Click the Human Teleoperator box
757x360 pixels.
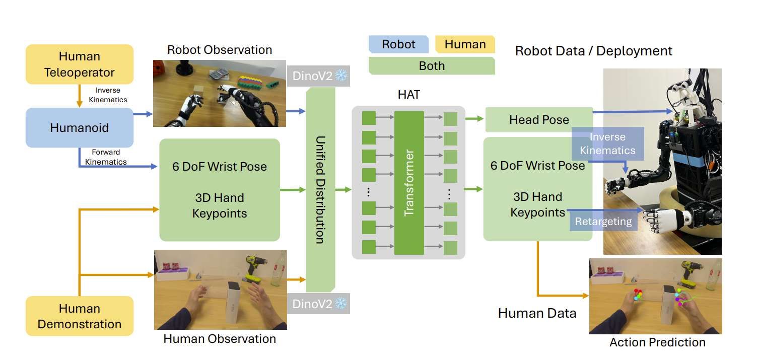tap(80, 64)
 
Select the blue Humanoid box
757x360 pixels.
tap(80, 127)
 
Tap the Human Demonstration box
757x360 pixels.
tap(80, 316)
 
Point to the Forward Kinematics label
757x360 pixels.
tap(105, 157)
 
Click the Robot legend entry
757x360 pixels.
tap(398, 44)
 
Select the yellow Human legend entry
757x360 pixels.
tap(465, 44)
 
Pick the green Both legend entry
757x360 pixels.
tap(432, 66)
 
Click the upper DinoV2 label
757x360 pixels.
tap(311, 76)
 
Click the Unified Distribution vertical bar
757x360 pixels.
tap(319, 189)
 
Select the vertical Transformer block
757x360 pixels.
tap(409, 183)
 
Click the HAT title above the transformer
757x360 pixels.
tap(408, 94)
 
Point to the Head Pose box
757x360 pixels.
tap(538, 120)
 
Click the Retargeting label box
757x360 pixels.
tap(603, 221)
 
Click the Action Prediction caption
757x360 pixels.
tap(657, 343)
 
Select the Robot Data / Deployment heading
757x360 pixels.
tap(593, 51)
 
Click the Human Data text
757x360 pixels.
tap(537, 313)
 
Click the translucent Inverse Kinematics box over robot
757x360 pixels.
tap(608, 143)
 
